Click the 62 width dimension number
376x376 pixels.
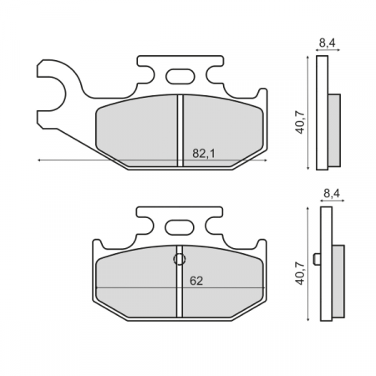[x=196, y=282]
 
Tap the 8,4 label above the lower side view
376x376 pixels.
[x=332, y=194]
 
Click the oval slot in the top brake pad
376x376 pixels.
[x=179, y=78]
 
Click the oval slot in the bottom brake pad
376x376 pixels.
[x=179, y=226]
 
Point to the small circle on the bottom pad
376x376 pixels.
[x=179, y=259]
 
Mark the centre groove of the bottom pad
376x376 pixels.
[x=180, y=288]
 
